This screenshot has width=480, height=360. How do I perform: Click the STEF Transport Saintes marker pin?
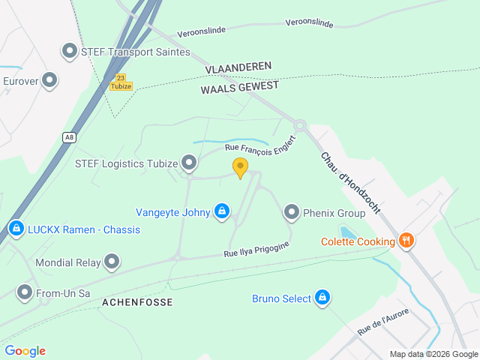(x=70, y=52)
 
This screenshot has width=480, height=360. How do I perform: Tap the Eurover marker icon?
(x=50, y=79)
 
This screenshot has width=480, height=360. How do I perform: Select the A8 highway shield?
(x=70, y=136)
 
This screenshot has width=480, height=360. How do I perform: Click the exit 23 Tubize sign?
(x=120, y=82)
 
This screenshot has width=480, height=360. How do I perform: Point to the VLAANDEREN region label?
(x=238, y=67)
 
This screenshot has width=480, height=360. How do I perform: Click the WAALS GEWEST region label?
(x=240, y=87)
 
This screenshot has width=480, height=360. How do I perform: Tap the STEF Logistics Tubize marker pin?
(x=189, y=162)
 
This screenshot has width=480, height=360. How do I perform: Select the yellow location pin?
(x=240, y=166)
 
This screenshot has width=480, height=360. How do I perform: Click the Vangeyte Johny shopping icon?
(x=221, y=212)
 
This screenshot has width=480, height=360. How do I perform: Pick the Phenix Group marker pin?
(x=291, y=213)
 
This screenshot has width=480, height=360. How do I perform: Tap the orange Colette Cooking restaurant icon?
(x=406, y=241)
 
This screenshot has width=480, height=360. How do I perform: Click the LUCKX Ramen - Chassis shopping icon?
(x=16, y=228)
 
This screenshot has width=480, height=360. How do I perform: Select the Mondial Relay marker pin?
(x=112, y=262)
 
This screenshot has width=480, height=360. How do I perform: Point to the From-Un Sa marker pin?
(x=25, y=292)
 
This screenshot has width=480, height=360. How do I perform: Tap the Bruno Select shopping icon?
(x=322, y=298)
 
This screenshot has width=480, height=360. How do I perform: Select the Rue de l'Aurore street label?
(x=382, y=321)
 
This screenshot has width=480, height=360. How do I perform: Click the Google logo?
(x=25, y=351)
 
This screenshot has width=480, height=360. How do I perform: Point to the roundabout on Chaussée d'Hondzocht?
(x=300, y=125)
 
